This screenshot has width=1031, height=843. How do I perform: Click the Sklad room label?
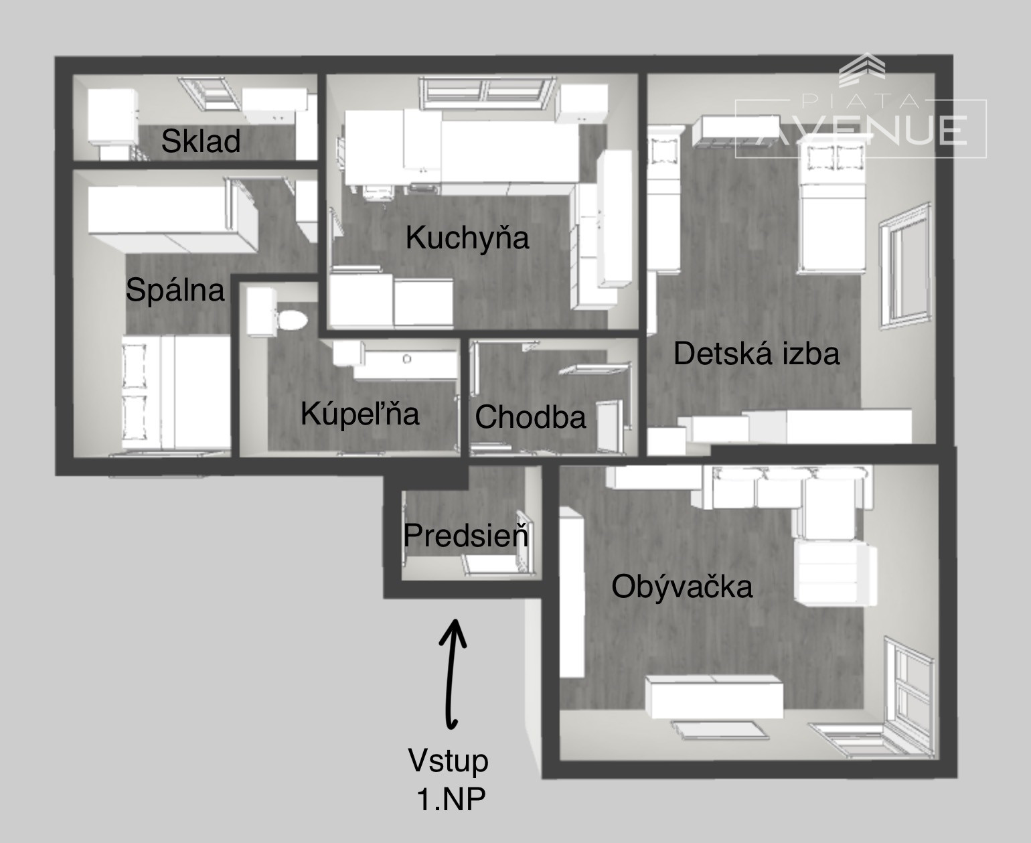[x=201, y=141]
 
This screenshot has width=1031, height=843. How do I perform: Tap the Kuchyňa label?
[x=467, y=238]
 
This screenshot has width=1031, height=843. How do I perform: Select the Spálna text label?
[x=175, y=290]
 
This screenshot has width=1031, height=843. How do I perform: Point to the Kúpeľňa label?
[x=360, y=414]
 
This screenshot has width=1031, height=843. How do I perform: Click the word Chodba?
[x=530, y=417]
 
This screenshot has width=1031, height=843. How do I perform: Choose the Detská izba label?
[x=757, y=354]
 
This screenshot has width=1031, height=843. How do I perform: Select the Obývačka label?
[x=682, y=587]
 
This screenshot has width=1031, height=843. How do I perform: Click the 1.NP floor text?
[x=451, y=799]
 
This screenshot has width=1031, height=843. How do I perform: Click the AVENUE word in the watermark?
[x=863, y=131]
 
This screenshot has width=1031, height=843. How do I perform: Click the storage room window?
[x=210, y=93]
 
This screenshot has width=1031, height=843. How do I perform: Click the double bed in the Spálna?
[x=176, y=392]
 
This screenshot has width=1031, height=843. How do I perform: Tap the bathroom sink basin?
[x=407, y=360]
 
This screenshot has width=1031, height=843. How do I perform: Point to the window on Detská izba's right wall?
[x=905, y=266]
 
